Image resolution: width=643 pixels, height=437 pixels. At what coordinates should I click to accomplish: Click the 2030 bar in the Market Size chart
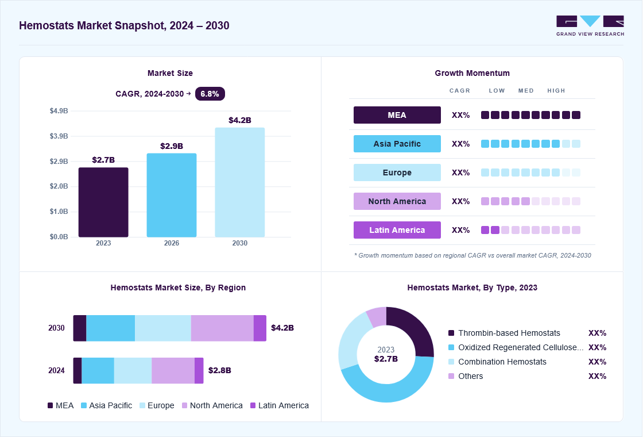[240, 182]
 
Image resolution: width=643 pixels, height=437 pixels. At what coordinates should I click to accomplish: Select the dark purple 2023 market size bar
[103, 202]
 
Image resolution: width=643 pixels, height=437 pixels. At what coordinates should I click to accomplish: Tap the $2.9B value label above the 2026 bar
[172, 146]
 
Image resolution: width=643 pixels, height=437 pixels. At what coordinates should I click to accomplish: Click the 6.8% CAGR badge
[210, 94]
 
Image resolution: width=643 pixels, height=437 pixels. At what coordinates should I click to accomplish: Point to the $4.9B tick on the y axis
[59, 111]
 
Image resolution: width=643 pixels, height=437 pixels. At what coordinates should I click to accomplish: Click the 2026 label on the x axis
[172, 243]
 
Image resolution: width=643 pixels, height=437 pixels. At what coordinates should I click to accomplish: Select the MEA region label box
[397, 115]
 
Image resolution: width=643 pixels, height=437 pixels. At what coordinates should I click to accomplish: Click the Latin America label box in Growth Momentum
[397, 230]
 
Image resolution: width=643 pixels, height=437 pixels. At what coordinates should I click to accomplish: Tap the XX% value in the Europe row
[460, 172]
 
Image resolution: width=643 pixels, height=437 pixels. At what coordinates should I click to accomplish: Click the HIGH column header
[556, 91]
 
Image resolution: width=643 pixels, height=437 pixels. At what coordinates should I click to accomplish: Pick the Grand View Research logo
[590, 26]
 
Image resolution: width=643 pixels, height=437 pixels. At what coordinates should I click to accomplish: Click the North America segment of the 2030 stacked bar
[222, 328]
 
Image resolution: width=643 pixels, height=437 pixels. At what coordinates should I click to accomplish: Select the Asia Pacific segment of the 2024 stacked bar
[98, 370]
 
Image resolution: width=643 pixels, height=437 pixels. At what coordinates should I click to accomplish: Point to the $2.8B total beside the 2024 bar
[220, 370]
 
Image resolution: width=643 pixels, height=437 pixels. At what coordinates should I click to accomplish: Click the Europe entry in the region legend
[157, 405]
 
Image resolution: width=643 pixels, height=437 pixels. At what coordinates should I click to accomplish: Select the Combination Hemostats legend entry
[497, 362]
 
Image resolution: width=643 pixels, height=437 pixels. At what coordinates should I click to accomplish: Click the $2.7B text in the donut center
[386, 359]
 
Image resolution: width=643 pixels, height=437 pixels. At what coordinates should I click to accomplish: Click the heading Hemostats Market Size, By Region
[178, 287]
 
